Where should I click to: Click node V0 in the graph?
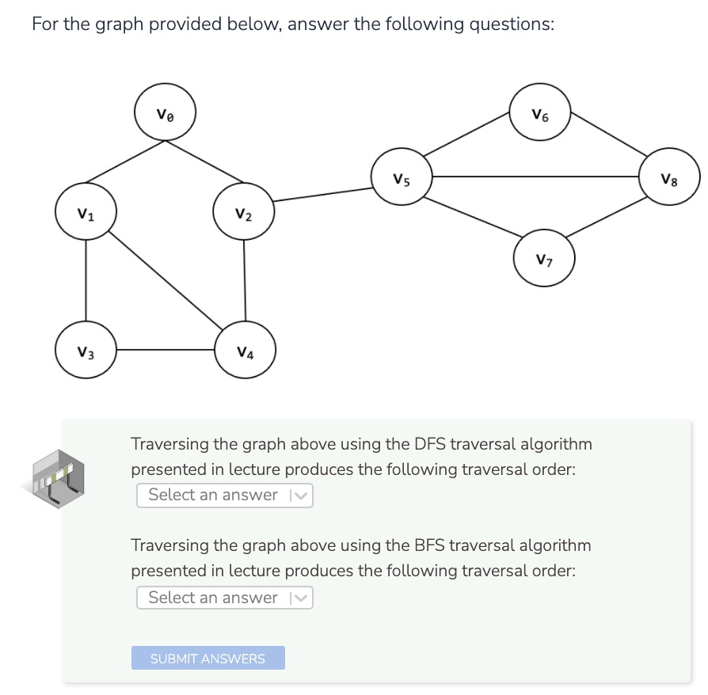click(165, 112)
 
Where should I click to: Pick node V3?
click(86, 351)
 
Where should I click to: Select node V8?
click(671, 178)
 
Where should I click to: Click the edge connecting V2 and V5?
click(322, 193)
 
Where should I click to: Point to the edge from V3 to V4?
click(166, 350)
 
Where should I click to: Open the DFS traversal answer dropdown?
click(225, 496)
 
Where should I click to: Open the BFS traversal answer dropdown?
click(225, 598)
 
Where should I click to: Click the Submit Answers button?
click(207, 659)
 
